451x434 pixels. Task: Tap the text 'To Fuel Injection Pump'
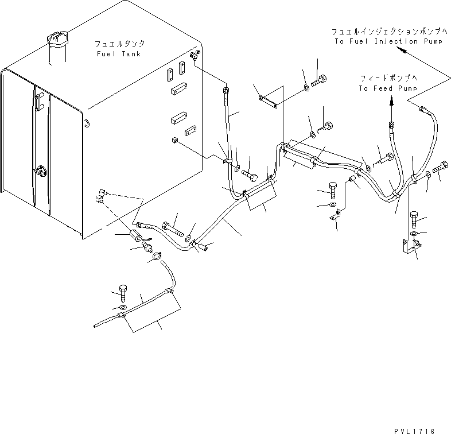click(x=387, y=41)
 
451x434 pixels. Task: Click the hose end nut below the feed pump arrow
click(x=391, y=125)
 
